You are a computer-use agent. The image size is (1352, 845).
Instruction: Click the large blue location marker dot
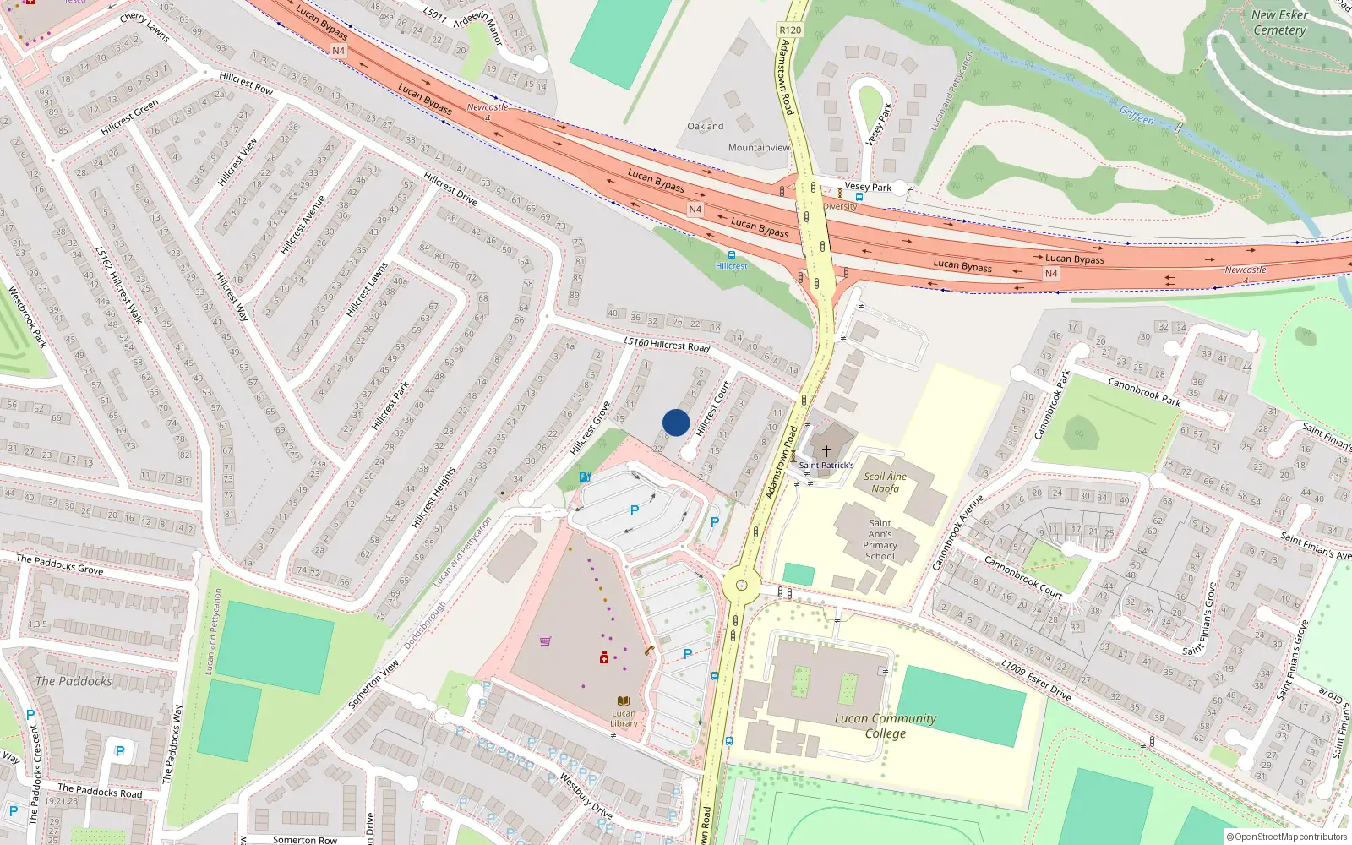click(676, 422)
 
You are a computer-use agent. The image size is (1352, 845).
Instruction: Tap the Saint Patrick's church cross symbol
click(826, 451)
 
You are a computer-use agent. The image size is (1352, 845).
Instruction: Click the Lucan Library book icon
click(624, 701)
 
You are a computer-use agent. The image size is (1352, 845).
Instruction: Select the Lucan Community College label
click(886, 726)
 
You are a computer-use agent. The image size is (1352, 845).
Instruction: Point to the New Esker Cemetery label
click(1279, 23)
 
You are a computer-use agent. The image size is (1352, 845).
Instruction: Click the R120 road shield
click(790, 30)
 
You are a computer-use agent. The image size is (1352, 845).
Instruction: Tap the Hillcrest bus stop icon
click(731, 254)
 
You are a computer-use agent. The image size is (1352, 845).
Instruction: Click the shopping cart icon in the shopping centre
click(545, 641)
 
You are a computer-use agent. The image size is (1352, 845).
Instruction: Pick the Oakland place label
click(705, 126)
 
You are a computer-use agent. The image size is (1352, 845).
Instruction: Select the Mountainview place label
click(759, 148)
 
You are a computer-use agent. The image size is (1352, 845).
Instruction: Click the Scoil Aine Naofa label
click(885, 482)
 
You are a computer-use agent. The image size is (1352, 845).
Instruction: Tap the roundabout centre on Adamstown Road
click(741, 585)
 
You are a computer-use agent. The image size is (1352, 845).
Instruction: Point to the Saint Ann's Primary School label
click(880, 539)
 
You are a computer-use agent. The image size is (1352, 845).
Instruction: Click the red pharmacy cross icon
click(604, 657)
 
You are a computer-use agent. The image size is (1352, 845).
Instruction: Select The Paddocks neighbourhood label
click(74, 681)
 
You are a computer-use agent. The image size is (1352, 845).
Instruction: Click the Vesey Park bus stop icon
click(859, 197)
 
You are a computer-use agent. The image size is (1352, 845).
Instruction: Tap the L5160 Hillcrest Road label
click(667, 345)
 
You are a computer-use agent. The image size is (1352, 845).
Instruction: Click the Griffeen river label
click(1137, 115)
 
